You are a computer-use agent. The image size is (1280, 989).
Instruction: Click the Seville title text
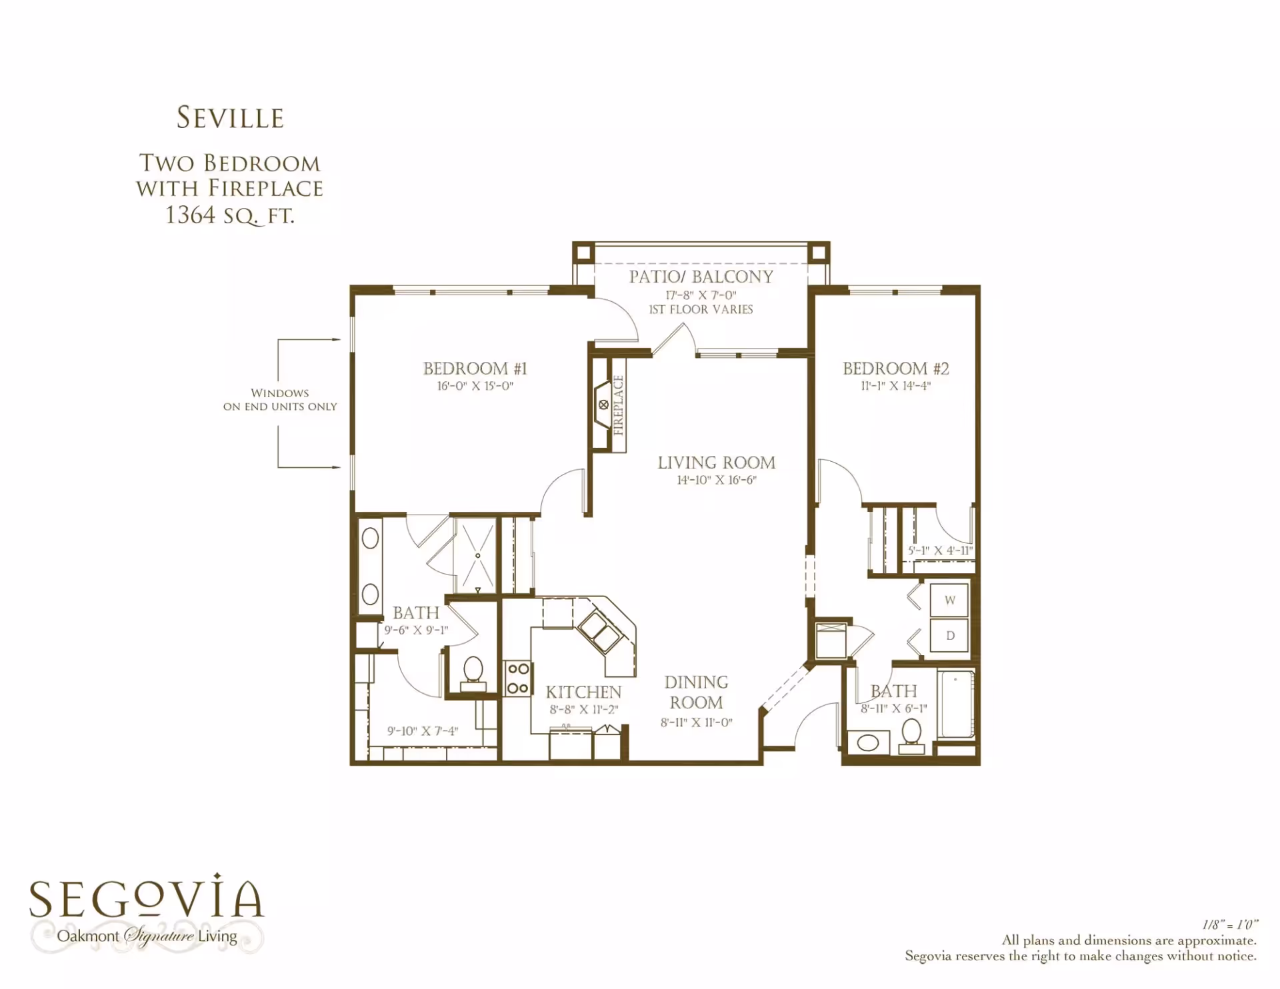pos(230,117)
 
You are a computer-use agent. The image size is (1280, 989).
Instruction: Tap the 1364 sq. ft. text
pos(229,215)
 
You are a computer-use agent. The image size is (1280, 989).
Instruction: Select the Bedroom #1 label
pos(475,369)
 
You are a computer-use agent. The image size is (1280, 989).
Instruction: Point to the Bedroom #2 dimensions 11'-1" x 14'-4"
pos(895,386)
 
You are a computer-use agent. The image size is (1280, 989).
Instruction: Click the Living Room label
pos(717,463)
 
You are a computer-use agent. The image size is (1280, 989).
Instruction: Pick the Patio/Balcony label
pos(701,277)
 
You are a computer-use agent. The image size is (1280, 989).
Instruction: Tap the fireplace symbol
pos(603,405)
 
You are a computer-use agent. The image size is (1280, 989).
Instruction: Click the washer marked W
pos(949,600)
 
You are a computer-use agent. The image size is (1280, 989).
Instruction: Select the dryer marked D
pos(949,635)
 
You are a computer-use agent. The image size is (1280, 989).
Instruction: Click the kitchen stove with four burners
pos(518,678)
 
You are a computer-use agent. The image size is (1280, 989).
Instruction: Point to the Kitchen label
pos(583,692)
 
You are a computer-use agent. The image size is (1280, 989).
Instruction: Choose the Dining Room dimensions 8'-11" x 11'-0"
pos(697,722)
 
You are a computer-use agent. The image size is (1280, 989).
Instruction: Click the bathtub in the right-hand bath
pos(957,704)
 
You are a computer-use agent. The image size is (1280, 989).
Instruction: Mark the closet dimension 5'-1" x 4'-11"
pos(940,550)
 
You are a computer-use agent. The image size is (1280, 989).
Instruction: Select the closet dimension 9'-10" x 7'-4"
pos(423,731)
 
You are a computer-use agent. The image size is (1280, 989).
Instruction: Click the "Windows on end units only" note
pos(280,400)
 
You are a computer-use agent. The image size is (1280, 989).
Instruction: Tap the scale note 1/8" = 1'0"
pos(1230,924)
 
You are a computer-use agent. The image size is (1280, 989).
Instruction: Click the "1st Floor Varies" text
pos(701,309)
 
